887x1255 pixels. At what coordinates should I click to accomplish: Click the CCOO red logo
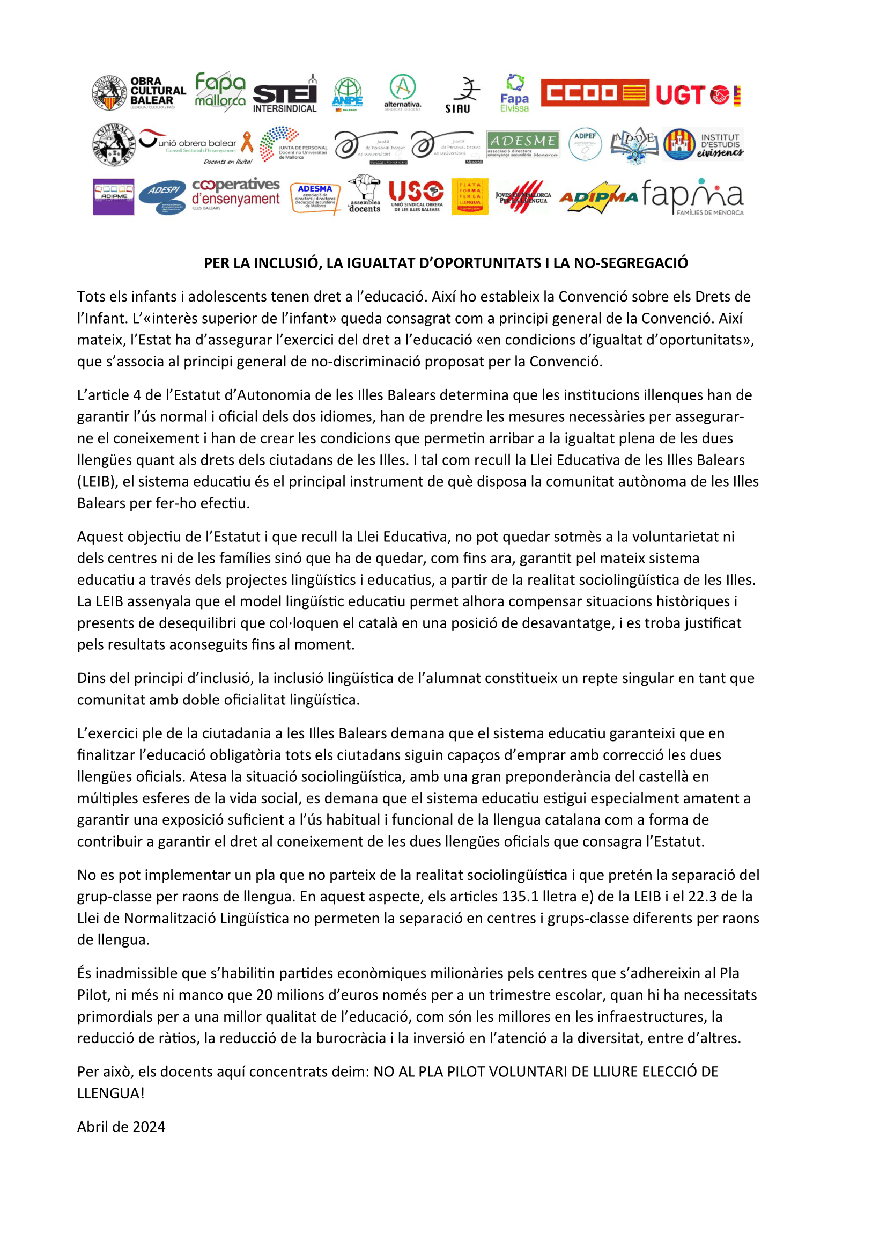pyautogui.click(x=594, y=93)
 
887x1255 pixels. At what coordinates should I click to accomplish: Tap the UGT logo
pyautogui.click(x=698, y=95)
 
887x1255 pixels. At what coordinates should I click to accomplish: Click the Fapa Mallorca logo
pyautogui.click(x=220, y=91)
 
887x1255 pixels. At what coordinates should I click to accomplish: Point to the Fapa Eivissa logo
pyautogui.click(x=514, y=93)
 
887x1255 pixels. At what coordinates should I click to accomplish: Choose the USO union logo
pyautogui.click(x=416, y=196)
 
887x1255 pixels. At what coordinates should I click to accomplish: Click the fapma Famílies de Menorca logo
pyautogui.click(x=693, y=197)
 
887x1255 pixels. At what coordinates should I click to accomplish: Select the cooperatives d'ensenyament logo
pyautogui.click(x=235, y=194)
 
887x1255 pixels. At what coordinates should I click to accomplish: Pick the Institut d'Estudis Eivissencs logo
pyautogui.click(x=703, y=144)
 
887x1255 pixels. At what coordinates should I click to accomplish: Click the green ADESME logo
pyautogui.click(x=522, y=145)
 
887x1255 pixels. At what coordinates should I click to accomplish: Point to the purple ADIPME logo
pyautogui.click(x=114, y=196)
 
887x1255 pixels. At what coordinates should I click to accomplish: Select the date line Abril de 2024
pyautogui.click(x=121, y=1127)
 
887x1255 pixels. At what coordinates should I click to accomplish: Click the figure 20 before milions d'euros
pyautogui.click(x=265, y=995)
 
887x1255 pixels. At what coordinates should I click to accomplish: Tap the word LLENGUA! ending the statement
pyautogui.click(x=111, y=1093)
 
